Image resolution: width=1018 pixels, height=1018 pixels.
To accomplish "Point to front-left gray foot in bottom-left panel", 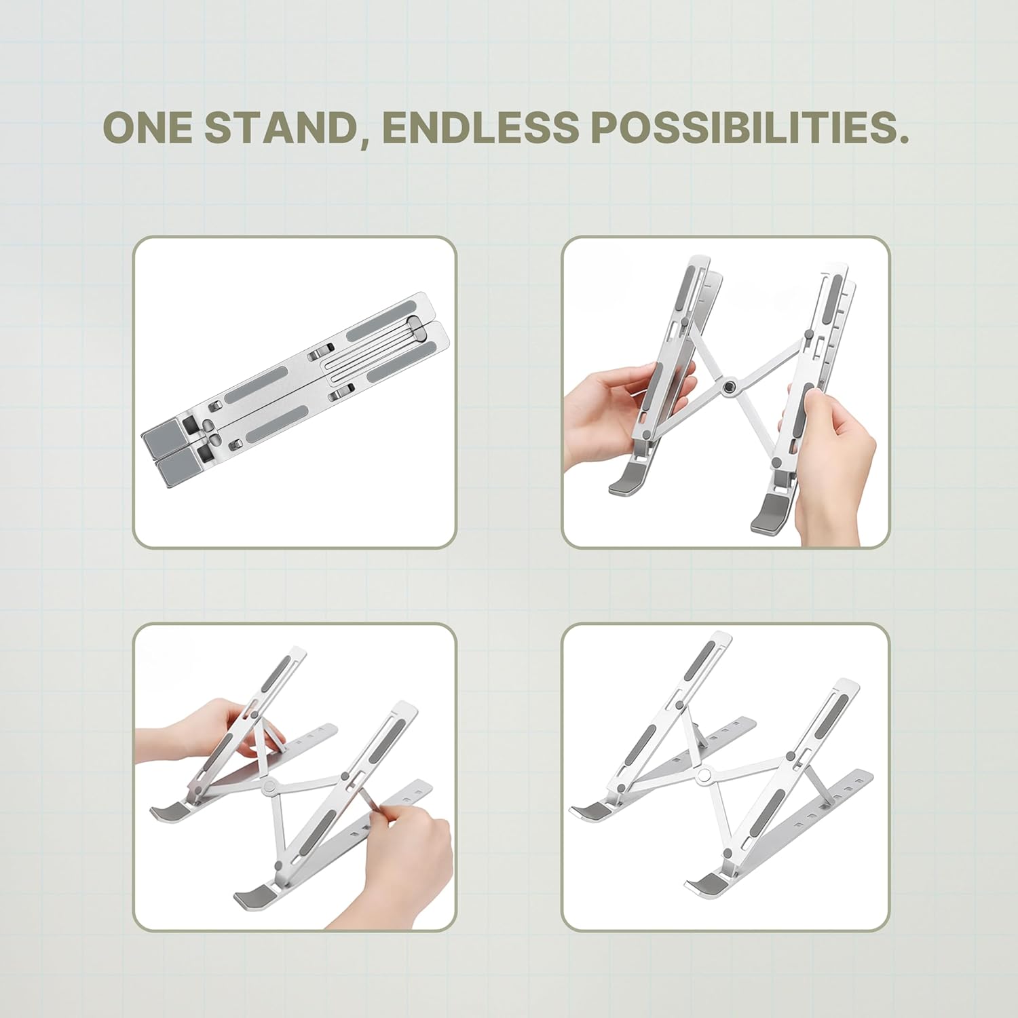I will (x=167, y=811).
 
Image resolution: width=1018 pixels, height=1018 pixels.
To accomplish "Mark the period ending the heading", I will (x=903, y=139).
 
